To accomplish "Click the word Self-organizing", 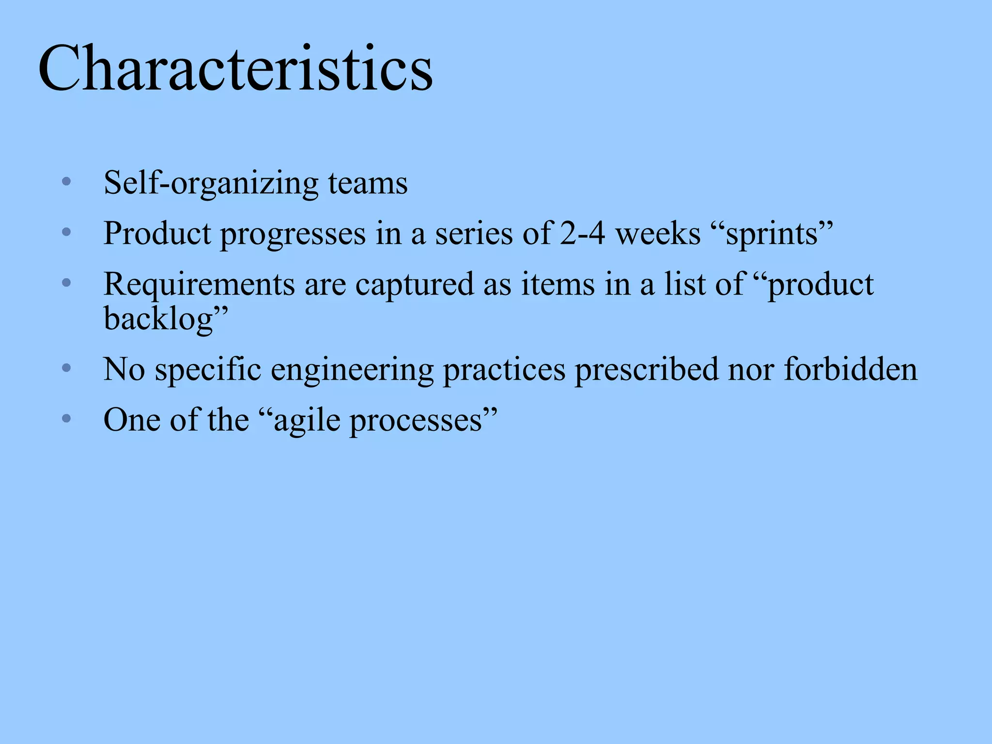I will [x=211, y=183].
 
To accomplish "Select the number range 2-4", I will [x=582, y=233].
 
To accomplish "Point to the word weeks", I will [x=658, y=233].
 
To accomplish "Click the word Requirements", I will [x=199, y=285].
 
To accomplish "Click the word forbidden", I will [x=851, y=370].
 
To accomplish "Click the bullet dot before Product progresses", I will [x=67, y=232].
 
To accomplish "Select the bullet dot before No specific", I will [x=67, y=369].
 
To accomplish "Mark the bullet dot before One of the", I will [x=67, y=418].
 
